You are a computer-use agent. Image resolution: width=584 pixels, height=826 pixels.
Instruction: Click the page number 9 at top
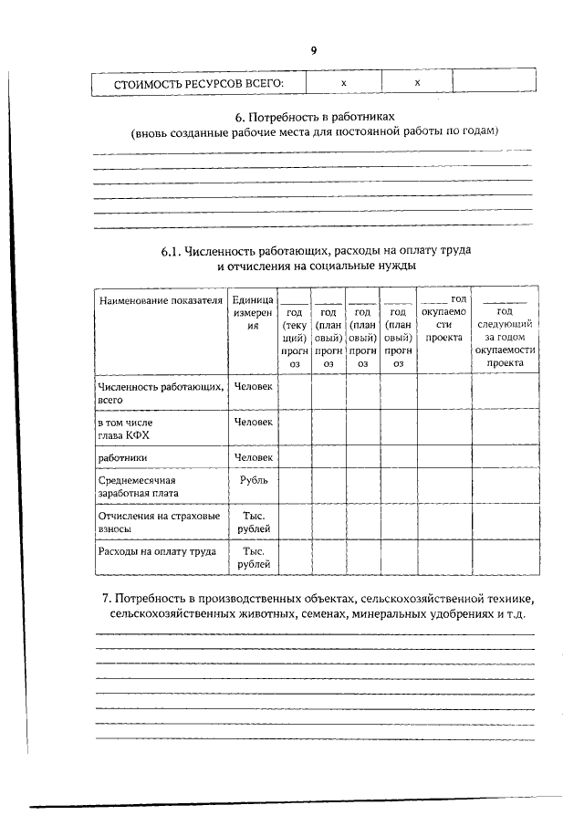(313, 51)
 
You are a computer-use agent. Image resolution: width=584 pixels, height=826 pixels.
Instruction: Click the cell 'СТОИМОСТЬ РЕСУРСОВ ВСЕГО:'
(198, 84)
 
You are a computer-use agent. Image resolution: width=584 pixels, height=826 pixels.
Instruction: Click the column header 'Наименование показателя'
(161, 300)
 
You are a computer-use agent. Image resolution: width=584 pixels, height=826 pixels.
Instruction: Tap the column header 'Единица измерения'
(252, 312)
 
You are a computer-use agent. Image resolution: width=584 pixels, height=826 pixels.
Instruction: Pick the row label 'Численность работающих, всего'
(160, 393)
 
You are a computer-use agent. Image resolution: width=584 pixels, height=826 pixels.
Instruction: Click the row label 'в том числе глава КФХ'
(129, 429)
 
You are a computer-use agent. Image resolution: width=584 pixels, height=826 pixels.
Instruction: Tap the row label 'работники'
(123, 457)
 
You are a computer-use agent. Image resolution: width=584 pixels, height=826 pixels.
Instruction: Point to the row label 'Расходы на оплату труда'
(156, 552)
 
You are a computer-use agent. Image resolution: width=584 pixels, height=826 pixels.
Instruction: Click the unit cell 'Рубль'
(253, 479)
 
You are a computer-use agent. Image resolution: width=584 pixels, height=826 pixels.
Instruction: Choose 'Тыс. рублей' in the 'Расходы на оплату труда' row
(253, 559)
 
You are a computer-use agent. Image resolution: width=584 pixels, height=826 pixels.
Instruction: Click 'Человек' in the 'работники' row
(253, 457)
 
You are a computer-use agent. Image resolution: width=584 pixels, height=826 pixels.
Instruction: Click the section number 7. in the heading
(107, 598)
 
